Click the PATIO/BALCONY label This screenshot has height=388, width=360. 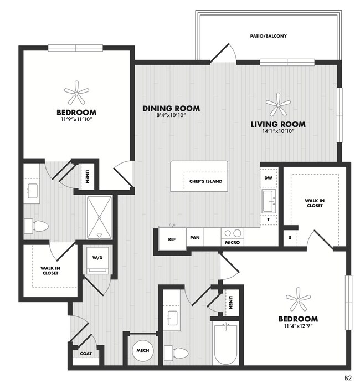268,36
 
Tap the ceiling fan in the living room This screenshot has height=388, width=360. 278,105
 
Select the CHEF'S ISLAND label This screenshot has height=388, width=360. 205,181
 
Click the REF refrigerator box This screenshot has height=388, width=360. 172,239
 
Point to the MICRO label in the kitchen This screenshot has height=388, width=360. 233,243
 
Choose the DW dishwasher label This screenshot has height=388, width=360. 268,178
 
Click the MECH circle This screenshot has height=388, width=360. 143,350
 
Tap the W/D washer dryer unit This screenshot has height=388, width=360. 97,260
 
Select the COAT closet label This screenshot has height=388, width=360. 86,354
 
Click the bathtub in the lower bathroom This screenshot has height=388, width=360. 226,344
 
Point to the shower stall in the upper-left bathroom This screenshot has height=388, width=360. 99,218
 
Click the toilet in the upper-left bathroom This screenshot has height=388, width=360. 36,226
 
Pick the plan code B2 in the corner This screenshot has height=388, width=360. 348,379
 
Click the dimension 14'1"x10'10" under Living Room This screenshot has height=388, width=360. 278,131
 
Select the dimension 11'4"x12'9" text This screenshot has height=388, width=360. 298,326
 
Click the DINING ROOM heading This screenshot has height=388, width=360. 171,109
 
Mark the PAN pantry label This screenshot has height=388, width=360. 195,238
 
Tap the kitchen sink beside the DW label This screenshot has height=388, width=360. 269,201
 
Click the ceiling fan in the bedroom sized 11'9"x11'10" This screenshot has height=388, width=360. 76,93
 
